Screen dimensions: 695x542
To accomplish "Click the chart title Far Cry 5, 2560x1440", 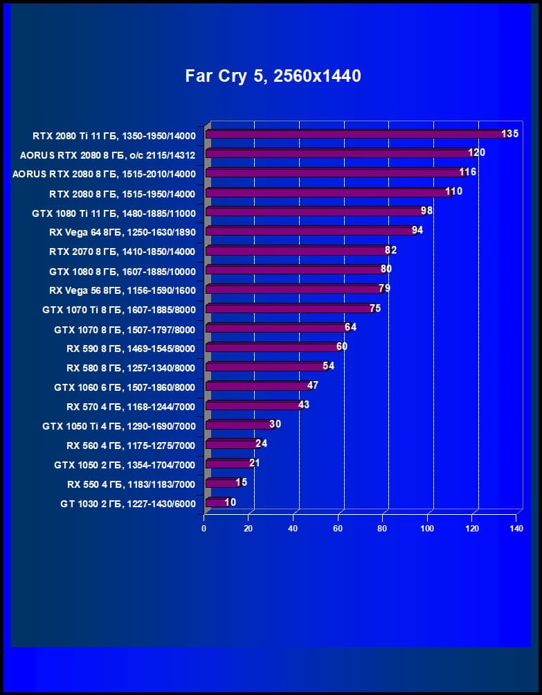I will (x=273, y=76).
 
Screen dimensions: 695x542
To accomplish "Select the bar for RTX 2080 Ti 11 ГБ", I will (x=354, y=134).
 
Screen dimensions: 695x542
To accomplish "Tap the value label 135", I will (x=510, y=133).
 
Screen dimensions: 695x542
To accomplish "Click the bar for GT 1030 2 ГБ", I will (x=216, y=503).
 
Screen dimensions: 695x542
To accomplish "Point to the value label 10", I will (x=230, y=502).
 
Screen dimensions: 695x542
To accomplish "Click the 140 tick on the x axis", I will (x=516, y=529).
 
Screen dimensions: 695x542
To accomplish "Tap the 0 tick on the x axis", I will (x=204, y=529).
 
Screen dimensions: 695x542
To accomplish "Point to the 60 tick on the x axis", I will (x=338, y=529).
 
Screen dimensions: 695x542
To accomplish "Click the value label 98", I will (x=427, y=211).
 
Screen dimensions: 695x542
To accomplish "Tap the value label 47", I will (x=312, y=385).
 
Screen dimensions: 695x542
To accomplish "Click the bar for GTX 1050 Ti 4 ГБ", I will (x=239, y=425).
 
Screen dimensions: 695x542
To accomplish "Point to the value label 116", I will (x=468, y=172).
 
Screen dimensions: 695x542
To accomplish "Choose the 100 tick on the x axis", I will (x=427, y=529).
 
